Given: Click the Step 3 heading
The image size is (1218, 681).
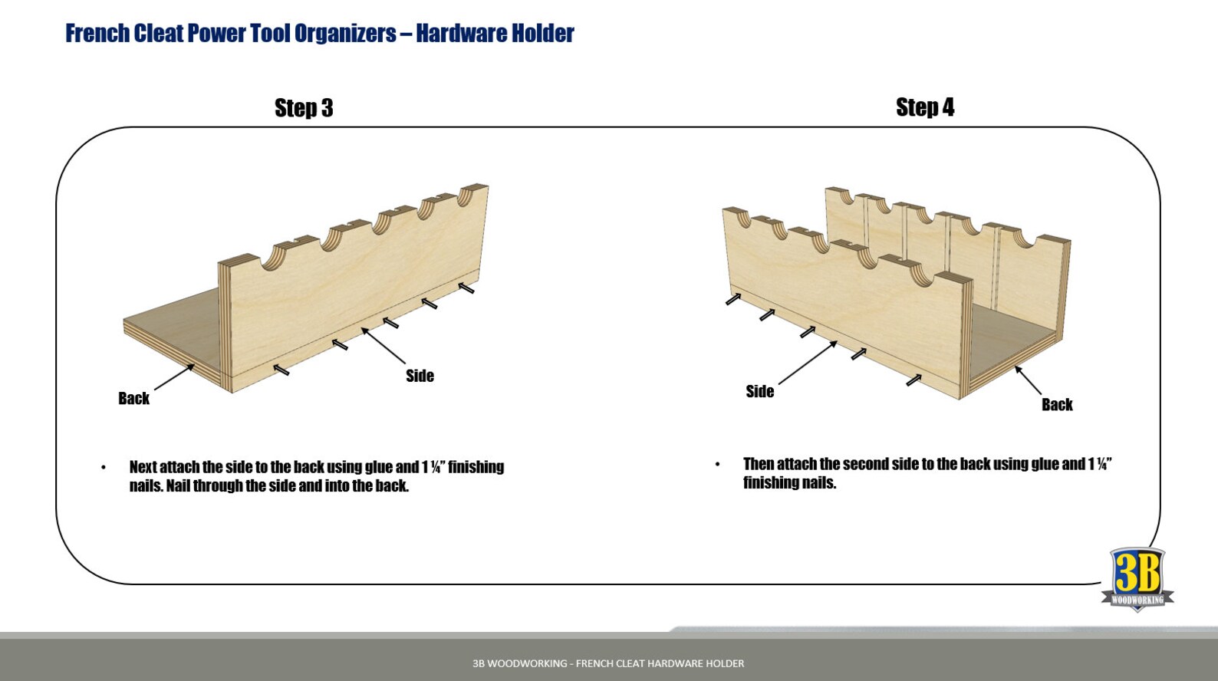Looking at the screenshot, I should [304, 108].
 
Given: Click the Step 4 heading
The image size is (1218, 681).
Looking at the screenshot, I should [924, 107].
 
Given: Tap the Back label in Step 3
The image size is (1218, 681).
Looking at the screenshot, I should [133, 398].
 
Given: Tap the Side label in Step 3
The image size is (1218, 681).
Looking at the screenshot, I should [420, 376].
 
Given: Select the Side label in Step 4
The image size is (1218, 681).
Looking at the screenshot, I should [759, 392].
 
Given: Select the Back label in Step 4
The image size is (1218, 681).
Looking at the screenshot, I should [1056, 405].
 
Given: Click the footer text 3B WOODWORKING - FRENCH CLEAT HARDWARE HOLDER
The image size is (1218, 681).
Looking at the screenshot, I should [608, 663].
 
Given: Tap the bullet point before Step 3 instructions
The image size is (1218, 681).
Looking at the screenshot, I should [104, 468].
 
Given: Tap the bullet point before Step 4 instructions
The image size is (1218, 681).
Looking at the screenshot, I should [717, 465].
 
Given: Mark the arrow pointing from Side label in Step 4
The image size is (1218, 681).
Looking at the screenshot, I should [808, 362].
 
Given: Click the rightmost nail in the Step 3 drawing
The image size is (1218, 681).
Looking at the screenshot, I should [466, 288].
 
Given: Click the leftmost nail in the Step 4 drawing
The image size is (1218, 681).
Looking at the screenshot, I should [733, 299].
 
